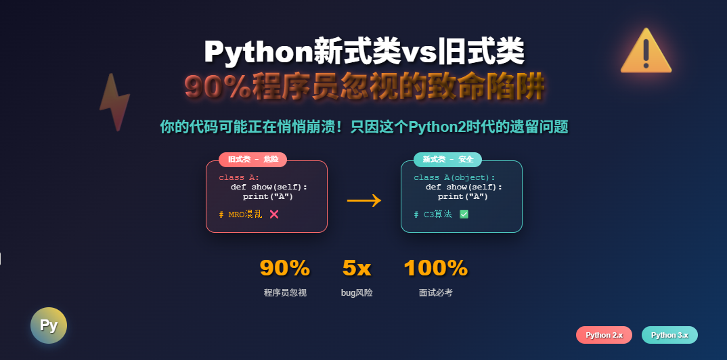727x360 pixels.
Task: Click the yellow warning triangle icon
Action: pyautogui.click(x=646, y=52)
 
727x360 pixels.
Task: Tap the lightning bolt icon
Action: pyautogui.click(x=114, y=102)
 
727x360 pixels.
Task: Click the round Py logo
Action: pyautogui.click(x=49, y=325)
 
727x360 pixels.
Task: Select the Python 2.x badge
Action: pyautogui.click(x=604, y=335)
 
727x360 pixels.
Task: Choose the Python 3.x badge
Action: pyautogui.click(x=669, y=335)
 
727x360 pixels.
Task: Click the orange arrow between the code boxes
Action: pyautogui.click(x=364, y=200)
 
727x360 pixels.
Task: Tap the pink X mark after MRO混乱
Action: pyautogui.click(x=274, y=214)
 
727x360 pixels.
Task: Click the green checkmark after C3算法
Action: pyautogui.click(x=464, y=214)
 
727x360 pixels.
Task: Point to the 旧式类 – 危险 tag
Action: pyautogui.click(x=252, y=160)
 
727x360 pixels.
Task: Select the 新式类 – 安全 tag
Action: pyautogui.click(x=447, y=160)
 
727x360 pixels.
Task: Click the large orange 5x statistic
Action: pyautogui.click(x=357, y=268)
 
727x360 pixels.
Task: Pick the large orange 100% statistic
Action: pyautogui.click(x=436, y=268)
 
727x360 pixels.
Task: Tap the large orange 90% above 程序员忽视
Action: pyautogui.click(x=285, y=268)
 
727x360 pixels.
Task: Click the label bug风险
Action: pyautogui.click(x=357, y=293)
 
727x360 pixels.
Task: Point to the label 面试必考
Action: pyautogui.click(x=436, y=293)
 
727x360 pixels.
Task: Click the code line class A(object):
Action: pyautogui.click(x=454, y=177)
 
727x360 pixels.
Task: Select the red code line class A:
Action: pyautogui.click(x=239, y=177)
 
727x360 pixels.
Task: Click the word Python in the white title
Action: pyautogui.click(x=259, y=51)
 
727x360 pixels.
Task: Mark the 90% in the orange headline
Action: pyautogui.click(x=218, y=87)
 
